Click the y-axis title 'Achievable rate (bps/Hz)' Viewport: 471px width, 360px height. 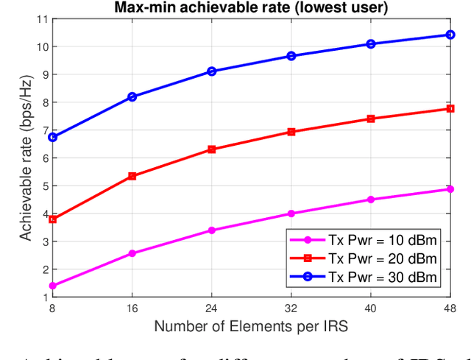point(25,158)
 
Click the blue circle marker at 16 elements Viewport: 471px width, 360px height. point(132,96)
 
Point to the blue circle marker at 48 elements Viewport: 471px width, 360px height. point(450,35)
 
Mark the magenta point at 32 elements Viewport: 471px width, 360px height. point(291,213)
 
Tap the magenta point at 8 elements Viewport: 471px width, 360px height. point(53,286)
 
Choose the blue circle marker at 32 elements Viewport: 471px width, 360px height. point(291,55)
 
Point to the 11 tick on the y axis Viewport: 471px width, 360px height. point(43,18)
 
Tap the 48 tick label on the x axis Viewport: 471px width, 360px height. point(450,308)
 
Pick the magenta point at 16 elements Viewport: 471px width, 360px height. point(132,253)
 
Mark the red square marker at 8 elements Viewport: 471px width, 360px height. point(53,219)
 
